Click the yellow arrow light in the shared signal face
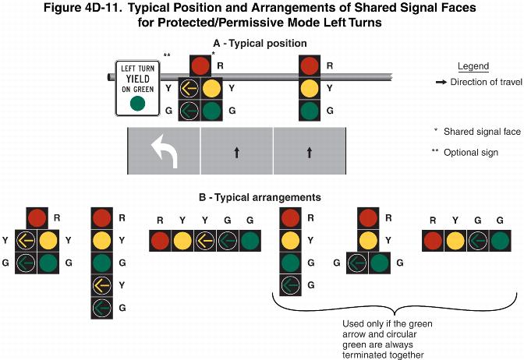click(x=189, y=88)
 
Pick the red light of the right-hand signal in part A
click(x=310, y=65)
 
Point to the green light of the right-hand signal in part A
click(x=310, y=111)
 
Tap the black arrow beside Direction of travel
click(x=441, y=82)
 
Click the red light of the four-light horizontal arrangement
click(x=433, y=242)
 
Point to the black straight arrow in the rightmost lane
click(x=309, y=153)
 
